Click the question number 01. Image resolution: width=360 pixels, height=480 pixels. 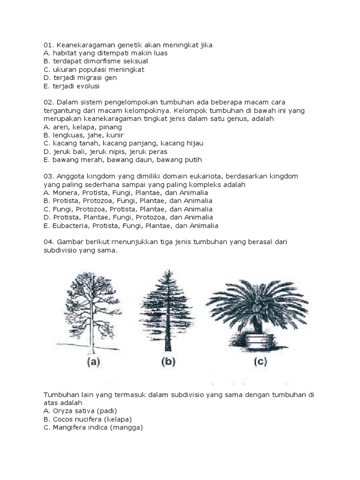click(49, 45)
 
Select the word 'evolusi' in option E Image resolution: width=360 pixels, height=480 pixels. click(88, 86)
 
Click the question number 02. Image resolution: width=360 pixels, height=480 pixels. click(49, 102)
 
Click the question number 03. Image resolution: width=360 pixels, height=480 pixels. click(49, 176)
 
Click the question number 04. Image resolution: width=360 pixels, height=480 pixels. click(49, 242)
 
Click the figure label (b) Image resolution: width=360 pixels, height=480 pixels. click(167, 362)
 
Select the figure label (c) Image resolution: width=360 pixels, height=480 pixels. click(259, 362)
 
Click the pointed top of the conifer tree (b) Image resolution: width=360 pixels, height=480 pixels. click(167, 272)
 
